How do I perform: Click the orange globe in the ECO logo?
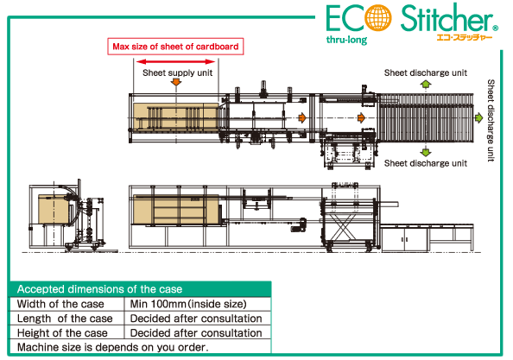pos(378,17)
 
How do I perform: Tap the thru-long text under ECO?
pos(346,40)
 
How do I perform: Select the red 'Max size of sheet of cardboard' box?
pos(175,47)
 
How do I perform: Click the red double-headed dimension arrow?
pos(175,61)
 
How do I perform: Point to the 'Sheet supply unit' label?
pos(177,73)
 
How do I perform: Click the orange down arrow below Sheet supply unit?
pos(176,81)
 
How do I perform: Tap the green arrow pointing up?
pos(425,85)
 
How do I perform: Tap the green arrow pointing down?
pos(425,152)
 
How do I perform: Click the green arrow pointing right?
pos(478,117)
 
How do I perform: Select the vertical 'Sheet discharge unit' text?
pos(491,120)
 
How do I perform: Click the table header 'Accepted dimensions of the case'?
pos(99,289)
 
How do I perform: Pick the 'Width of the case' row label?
pos(60,304)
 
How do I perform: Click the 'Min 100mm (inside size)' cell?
pos(188,304)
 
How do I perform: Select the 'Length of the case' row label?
pos(65,319)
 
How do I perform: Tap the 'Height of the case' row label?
pos(62,333)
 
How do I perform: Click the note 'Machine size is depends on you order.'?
pos(112,347)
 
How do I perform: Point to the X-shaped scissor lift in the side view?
pos(342,226)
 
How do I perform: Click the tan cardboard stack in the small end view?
pos(54,209)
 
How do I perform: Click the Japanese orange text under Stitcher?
pos(465,37)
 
